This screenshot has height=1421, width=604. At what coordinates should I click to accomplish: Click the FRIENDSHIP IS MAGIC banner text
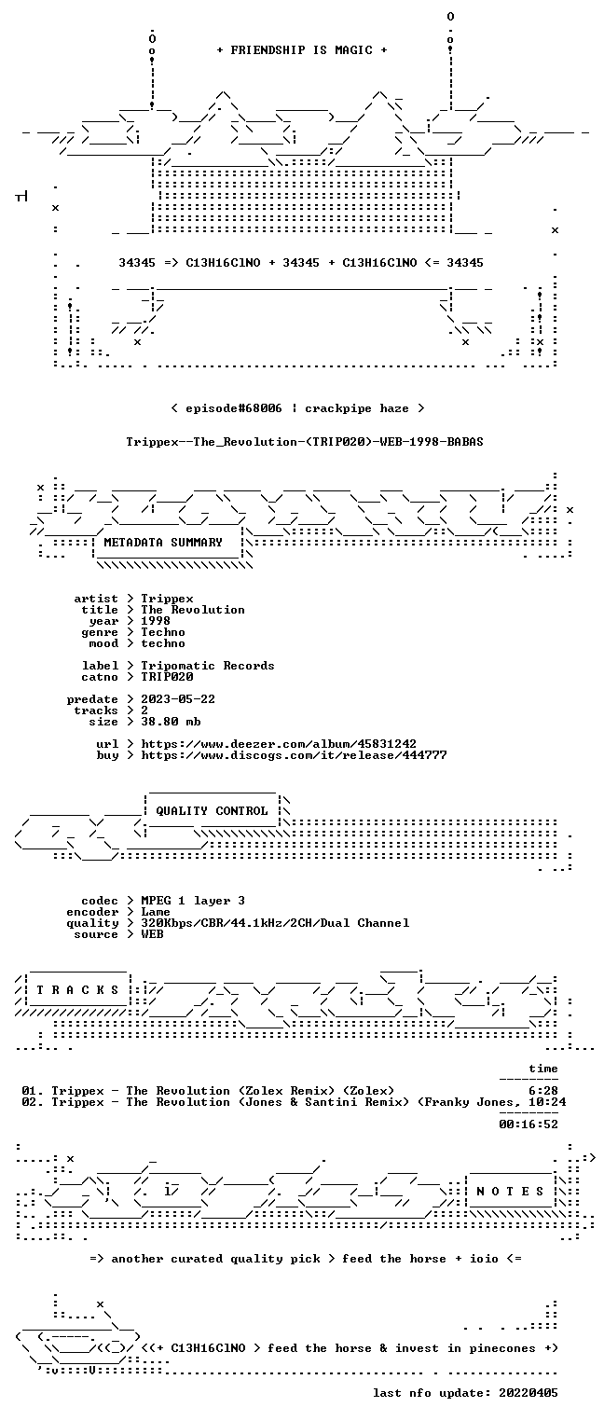(301, 50)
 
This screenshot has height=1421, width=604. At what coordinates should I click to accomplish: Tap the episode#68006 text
(233, 408)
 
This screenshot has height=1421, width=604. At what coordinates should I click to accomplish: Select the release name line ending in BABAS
(305, 442)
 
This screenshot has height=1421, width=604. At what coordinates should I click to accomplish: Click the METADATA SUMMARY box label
(163, 543)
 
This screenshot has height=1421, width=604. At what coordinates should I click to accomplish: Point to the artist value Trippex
(167, 599)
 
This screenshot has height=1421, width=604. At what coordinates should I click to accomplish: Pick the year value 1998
(156, 621)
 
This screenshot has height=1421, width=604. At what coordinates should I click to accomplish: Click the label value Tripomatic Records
(208, 666)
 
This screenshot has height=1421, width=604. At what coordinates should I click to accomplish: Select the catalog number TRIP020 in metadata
(167, 677)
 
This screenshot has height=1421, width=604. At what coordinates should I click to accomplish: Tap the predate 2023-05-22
(178, 699)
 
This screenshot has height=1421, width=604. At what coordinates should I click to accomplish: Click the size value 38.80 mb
(171, 722)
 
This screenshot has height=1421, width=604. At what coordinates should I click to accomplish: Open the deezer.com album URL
(279, 743)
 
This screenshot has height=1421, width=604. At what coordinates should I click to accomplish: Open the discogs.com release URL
(294, 755)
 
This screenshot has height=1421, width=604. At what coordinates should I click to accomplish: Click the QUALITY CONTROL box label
(212, 810)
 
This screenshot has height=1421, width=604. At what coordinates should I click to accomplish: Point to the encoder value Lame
(156, 912)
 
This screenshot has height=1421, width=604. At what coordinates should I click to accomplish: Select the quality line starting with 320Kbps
(275, 923)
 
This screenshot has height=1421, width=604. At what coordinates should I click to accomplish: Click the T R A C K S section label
(77, 989)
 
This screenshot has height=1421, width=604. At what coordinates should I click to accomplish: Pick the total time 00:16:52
(528, 1124)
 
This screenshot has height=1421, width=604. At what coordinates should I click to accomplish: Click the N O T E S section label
(510, 1191)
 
